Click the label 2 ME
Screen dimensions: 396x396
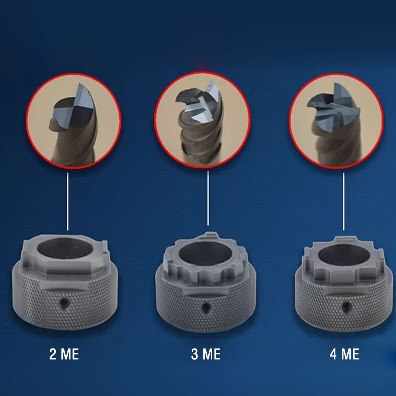[x=64, y=354]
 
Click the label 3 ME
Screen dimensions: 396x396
[x=206, y=354]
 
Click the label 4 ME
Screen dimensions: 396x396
[x=344, y=354]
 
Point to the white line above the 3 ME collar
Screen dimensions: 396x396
[x=208, y=198]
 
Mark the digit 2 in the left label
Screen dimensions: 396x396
[x=53, y=354]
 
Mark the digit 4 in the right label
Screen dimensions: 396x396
[x=333, y=354]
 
